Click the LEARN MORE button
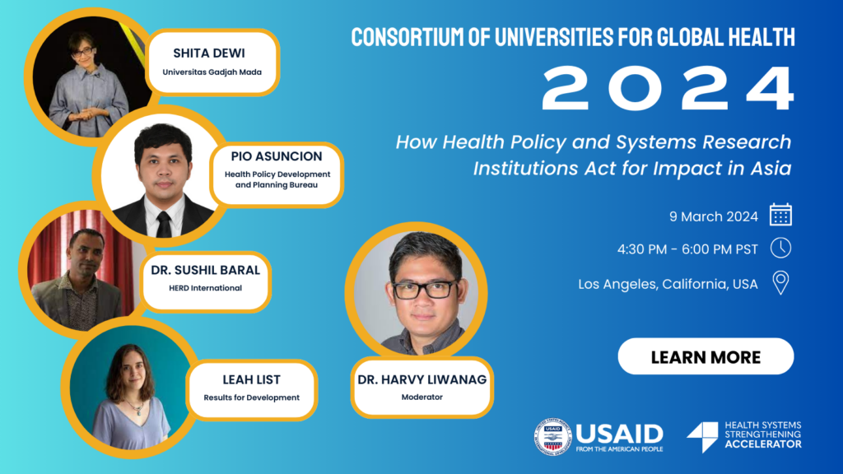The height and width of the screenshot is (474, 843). (706, 356)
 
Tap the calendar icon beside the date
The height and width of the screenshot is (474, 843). (780, 215)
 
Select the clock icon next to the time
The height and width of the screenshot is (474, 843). (780, 249)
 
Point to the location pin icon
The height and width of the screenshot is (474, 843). (780, 283)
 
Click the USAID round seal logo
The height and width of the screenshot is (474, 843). (552, 437)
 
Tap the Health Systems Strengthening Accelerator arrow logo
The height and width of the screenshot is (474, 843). (703, 436)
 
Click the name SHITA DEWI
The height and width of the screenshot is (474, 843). (209, 53)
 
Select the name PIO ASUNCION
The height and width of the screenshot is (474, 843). (277, 156)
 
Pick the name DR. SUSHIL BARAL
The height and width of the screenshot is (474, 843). (205, 270)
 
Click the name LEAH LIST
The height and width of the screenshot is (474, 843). (252, 380)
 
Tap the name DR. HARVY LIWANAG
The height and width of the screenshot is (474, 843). (422, 380)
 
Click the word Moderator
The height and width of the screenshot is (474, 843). (422, 397)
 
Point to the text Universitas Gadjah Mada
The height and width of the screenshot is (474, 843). (212, 72)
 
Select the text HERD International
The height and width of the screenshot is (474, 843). (205, 288)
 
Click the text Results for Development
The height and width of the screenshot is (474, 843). (252, 397)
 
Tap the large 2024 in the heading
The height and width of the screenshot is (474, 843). (668, 89)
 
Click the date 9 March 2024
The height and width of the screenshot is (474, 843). (714, 216)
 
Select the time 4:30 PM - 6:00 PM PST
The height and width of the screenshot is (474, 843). (687, 249)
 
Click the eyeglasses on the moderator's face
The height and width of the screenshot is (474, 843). (425, 290)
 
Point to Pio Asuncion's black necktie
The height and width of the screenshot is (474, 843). (164, 224)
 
